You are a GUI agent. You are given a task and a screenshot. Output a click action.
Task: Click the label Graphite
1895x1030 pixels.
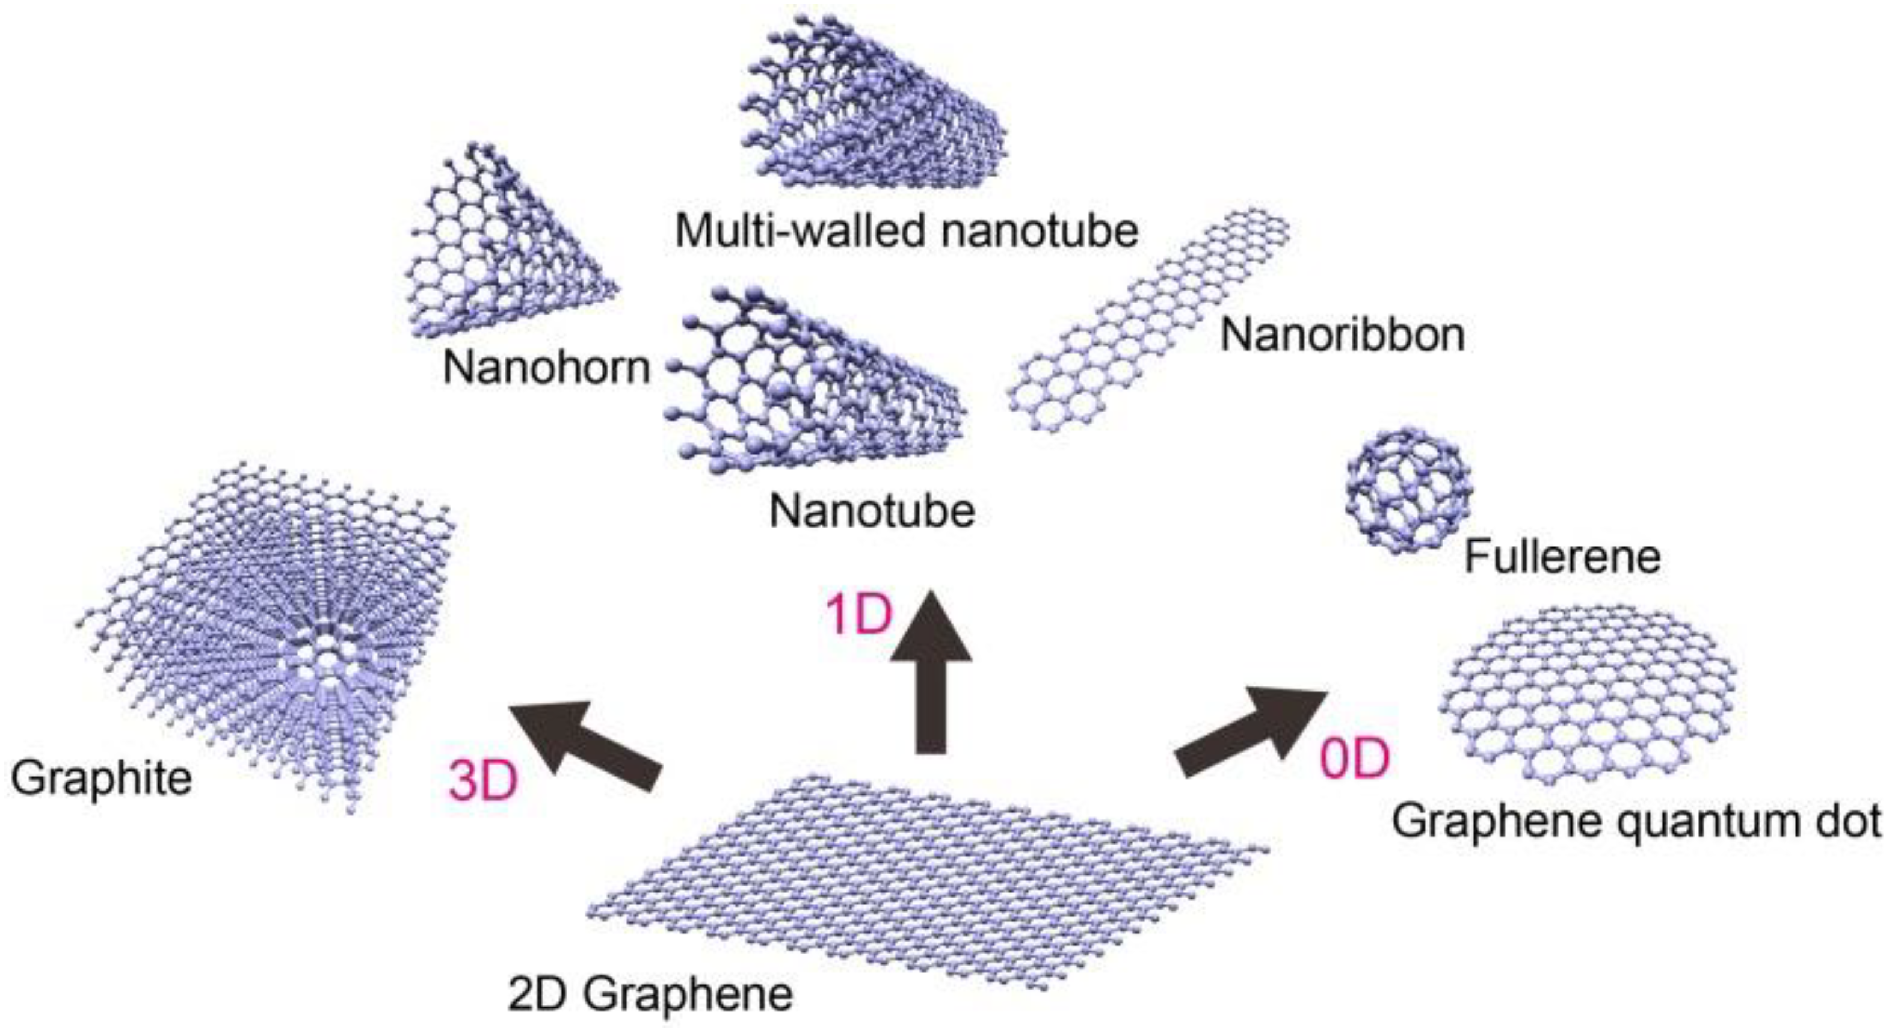coord(102,779)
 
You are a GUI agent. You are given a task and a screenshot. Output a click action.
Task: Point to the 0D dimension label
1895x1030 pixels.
coord(1354,759)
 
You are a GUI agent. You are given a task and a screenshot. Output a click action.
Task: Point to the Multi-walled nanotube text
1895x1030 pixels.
coord(907,230)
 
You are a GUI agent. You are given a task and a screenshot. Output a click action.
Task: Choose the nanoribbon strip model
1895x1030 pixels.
coord(1148,324)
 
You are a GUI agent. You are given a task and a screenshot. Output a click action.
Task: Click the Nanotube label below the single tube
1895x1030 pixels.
coord(872,510)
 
